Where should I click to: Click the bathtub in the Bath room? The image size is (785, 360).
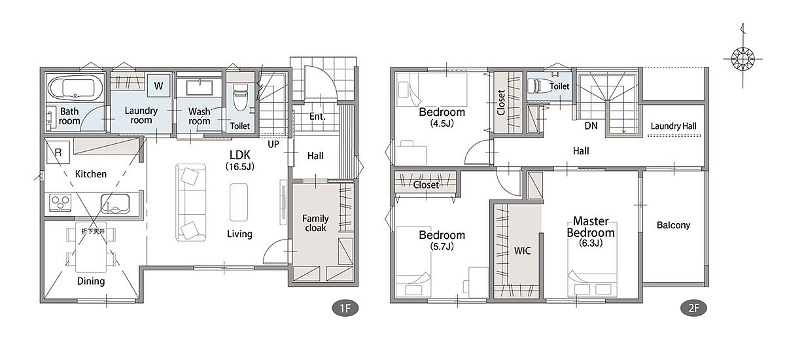coord(75,88)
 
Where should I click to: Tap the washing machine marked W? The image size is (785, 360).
coord(158,86)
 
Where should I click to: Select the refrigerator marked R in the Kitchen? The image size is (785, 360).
coord(58,152)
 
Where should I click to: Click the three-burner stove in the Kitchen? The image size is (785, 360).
coord(60,203)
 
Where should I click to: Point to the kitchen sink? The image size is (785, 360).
coord(115,204)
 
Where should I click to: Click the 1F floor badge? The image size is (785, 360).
coord(345,308)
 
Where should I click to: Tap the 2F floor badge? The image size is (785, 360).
coord(693,308)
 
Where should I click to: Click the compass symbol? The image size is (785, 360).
coord(742,59)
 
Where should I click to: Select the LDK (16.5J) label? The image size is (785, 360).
coord(240,160)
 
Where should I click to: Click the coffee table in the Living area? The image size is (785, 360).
coord(239,202)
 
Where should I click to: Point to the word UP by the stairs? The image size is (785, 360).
coord(273,144)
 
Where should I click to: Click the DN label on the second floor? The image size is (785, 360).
coord(591,126)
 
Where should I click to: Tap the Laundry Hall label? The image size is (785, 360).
coord(673,126)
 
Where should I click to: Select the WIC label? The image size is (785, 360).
coord(522,251)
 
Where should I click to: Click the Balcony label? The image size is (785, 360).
coord(673,225)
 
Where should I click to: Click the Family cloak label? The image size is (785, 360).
coord(315,223)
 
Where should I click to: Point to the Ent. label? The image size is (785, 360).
coord(317,117)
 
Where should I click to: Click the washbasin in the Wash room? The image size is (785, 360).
coord(200,88)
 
